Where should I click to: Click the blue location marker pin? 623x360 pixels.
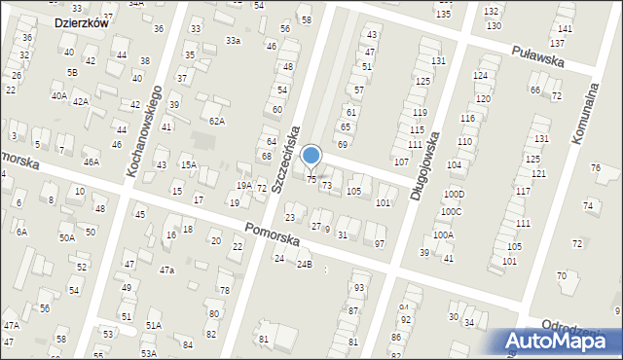pyautogui.click(x=311, y=156)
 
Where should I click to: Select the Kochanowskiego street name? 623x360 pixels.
pyautogui.click(x=143, y=129)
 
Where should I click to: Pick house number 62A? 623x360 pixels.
pyautogui.click(x=216, y=122)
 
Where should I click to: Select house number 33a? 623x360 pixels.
pyautogui.click(x=233, y=41)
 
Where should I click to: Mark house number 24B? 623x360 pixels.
pyautogui.click(x=305, y=264)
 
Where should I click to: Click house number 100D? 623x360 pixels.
pyautogui.click(x=454, y=195)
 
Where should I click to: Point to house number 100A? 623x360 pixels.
pyautogui.click(x=443, y=234)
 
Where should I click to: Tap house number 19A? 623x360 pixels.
pyautogui.click(x=244, y=185)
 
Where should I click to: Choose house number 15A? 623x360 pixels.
pyautogui.click(x=187, y=165)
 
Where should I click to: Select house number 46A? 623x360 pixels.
pyautogui.click(x=91, y=162)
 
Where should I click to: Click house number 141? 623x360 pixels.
pyautogui.click(x=565, y=29)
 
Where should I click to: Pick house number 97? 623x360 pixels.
pyautogui.click(x=380, y=243)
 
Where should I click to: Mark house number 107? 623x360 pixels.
pyautogui.click(x=400, y=161)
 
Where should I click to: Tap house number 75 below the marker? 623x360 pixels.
pyautogui.click(x=311, y=179)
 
